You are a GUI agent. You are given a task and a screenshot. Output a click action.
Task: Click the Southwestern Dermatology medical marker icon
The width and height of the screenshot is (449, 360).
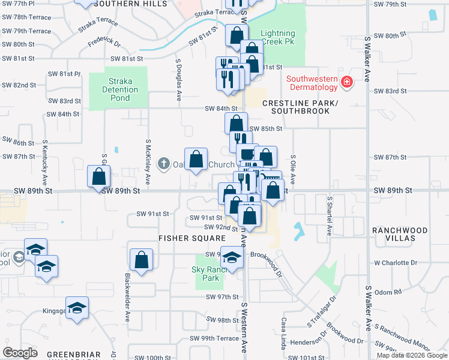pos(346,82)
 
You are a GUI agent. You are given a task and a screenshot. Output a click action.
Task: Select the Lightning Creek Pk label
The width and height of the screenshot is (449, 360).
pos(278,38)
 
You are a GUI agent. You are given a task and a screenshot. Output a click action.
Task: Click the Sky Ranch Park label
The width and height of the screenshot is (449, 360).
pos(211,274)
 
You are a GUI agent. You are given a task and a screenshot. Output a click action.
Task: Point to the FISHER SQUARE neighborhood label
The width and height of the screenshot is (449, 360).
pos(183,238)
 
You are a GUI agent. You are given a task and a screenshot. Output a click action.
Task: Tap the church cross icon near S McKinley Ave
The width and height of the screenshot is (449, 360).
pos(163,164)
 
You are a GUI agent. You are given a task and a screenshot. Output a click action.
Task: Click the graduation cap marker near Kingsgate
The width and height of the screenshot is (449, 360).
pos(77,308)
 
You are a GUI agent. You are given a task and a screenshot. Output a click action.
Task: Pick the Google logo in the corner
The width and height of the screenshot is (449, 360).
pos(20,353)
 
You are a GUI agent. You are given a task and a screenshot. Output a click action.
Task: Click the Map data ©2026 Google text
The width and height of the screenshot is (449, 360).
pos(412,355)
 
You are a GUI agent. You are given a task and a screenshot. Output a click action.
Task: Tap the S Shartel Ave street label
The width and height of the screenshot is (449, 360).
pos(329,214)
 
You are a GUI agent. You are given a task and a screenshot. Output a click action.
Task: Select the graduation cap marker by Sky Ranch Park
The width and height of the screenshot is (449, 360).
pos(232,258)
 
